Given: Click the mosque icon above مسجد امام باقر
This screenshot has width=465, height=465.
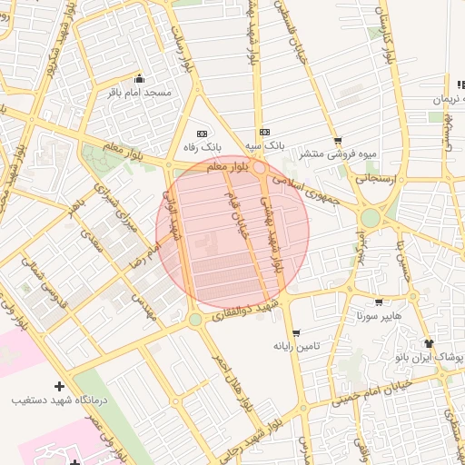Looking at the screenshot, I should tap(139, 78).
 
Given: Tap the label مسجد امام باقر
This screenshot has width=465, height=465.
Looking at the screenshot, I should tap(139, 93).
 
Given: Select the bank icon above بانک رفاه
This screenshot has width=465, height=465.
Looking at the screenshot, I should tap(202, 133).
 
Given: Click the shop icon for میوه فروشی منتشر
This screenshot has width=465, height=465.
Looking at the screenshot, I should tap(339, 141).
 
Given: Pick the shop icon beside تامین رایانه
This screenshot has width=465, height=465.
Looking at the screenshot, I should tap(296, 332).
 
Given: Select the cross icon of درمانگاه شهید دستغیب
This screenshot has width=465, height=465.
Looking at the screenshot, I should tap(60, 386).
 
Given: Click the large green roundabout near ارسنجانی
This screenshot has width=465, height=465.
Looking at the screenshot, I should tap(371, 218).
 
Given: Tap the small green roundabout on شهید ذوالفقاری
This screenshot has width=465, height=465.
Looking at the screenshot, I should tap(195, 320).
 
